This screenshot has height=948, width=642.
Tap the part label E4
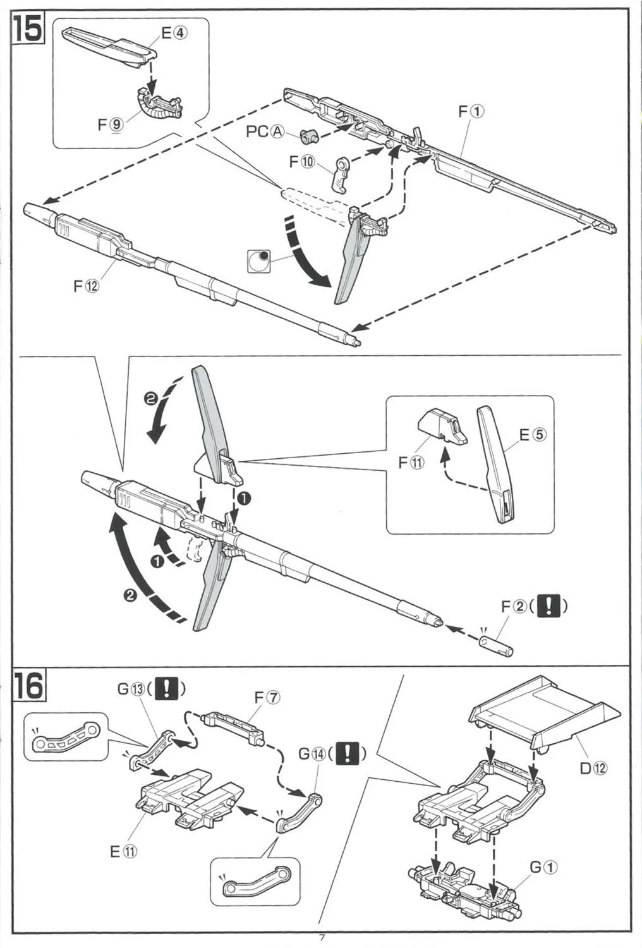(x=174, y=33)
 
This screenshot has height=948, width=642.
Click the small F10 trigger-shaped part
(x=342, y=174)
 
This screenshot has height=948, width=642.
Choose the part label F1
(x=471, y=111)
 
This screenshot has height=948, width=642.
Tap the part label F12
(x=87, y=286)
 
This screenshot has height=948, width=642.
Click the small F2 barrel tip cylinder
(x=496, y=645)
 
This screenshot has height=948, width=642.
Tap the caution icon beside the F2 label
(x=548, y=607)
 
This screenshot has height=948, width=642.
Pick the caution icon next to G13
(x=166, y=688)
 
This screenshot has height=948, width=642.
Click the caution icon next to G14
(x=347, y=754)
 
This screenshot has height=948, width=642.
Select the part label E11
(x=123, y=851)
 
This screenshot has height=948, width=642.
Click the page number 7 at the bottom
(x=322, y=938)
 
